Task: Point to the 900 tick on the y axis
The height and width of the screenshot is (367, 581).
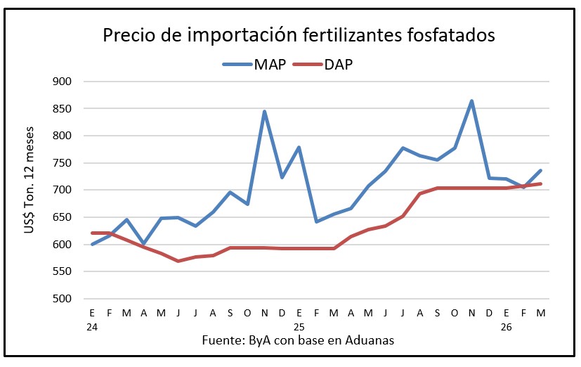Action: [x=63, y=82]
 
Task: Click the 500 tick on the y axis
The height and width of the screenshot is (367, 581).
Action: [x=63, y=299]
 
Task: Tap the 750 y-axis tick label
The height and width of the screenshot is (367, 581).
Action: [x=63, y=163]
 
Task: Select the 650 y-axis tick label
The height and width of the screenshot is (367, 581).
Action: [x=63, y=217]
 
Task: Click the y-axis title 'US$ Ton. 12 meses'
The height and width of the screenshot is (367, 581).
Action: [x=30, y=190]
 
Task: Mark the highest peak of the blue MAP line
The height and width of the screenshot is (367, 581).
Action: [x=471, y=101]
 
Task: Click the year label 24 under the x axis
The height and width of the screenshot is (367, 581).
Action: [x=92, y=327]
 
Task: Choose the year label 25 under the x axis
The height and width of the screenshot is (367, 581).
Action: [x=299, y=327]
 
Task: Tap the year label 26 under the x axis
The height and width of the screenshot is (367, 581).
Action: [x=506, y=327]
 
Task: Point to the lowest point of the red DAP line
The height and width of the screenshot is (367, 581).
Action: [x=178, y=261]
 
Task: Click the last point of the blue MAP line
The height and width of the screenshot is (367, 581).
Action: [x=540, y=170]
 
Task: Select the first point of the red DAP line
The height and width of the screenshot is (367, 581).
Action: [x=92, y=233]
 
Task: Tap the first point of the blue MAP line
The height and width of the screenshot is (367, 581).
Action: [x=92, y=244]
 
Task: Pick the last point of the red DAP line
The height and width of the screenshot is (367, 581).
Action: [x=540, y=183]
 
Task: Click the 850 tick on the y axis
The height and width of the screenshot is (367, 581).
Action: [x=63, y=109]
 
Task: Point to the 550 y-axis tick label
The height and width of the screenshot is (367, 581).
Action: [x=63, y=271]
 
